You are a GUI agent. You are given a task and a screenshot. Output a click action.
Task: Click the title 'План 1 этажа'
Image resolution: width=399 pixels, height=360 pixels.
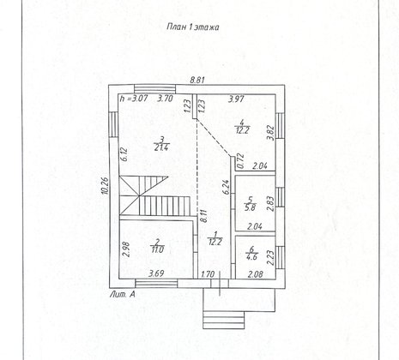(193, 27)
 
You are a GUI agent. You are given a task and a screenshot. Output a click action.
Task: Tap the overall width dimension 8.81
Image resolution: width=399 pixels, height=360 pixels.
(197, 80)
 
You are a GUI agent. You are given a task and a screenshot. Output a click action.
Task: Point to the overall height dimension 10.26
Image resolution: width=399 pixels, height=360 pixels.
(106, 186)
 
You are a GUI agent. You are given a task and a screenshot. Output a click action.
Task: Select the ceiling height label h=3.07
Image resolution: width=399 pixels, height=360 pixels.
(134, 99)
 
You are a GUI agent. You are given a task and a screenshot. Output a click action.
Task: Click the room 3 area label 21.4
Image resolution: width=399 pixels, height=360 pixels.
(161, 147)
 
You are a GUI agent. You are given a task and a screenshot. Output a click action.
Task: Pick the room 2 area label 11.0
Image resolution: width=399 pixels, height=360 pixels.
(158, 249)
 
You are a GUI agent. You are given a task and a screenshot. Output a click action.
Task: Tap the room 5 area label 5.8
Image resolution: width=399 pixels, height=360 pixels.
(250, 207)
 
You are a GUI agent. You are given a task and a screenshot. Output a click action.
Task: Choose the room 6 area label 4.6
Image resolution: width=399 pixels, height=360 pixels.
(251, 256)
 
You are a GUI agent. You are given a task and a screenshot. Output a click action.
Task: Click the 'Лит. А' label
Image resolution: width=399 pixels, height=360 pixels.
(123, 294)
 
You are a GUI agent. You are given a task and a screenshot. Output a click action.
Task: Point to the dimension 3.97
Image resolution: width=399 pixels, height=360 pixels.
(236, 99)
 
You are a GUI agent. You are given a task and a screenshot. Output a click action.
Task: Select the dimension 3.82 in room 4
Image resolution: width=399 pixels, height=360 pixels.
(270, 133)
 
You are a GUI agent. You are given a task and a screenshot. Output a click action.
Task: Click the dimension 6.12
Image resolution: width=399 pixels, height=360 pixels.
(124, 154)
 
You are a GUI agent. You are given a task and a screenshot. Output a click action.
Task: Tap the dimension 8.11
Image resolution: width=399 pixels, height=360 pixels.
(203, 216)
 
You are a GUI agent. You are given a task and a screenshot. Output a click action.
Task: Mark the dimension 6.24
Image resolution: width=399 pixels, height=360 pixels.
(226, 188)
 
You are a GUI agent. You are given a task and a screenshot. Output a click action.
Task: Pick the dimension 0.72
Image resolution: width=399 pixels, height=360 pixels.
(240, 161)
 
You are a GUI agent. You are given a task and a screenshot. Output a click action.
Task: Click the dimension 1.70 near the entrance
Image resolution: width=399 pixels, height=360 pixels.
(208, 274)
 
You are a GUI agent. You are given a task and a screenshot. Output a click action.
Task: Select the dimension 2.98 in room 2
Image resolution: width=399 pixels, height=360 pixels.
(128, 249)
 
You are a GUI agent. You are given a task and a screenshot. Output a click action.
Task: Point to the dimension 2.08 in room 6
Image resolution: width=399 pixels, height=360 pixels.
(256, 274)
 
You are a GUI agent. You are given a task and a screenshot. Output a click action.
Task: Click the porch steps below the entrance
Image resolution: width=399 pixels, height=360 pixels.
(224, 321)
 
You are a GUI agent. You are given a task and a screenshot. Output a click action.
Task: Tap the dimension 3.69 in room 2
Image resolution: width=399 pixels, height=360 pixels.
(156, 273)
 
